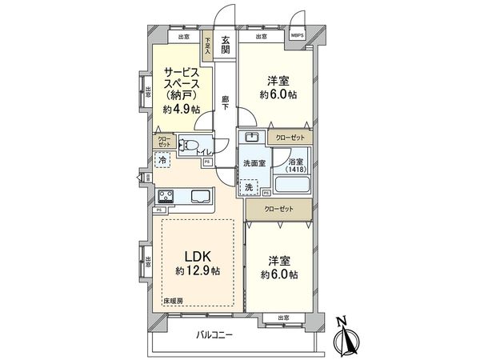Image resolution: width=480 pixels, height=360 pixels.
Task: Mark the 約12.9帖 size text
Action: coord(198,270)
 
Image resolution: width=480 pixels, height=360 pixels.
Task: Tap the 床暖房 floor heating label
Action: coord(174,302)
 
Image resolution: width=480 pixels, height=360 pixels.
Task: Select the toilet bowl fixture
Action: coord(186,145)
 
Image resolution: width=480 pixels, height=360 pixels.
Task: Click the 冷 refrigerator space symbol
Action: coord(163,160)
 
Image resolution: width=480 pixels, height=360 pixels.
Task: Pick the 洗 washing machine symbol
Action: coord(249,187)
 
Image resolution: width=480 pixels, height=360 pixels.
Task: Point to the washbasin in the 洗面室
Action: coord(250,137)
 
